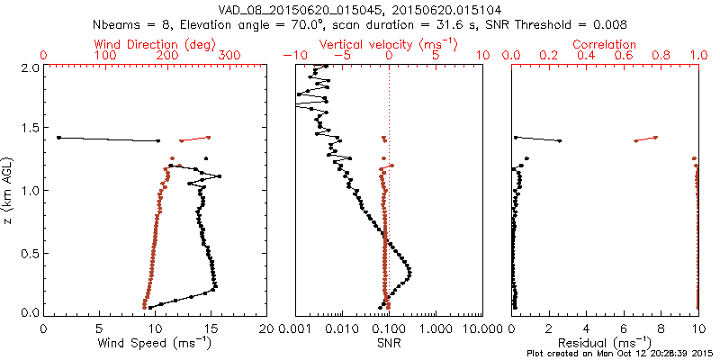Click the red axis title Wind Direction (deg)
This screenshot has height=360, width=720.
click(155, 44)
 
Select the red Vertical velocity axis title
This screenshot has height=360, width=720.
click(390, 44)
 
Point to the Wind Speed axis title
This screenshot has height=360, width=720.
click(155, 342)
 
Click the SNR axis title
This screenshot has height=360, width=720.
click(390, 342)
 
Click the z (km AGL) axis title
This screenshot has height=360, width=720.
click(8, 190)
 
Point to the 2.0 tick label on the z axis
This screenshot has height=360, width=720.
click(31, 67)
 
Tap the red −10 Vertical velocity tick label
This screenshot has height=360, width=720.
click(292, 56)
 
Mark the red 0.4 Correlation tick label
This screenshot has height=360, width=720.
click(587, 56)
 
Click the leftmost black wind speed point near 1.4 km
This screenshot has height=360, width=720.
click(58, 138)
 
